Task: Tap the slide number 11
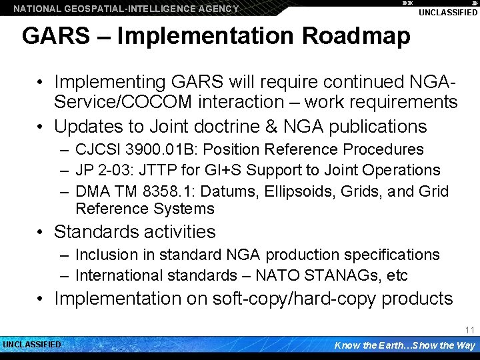[x=469, y=330]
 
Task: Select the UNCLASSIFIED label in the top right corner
[x=448, y=13]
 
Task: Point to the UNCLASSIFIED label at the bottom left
[x=32, y=345]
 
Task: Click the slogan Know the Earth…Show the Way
[x=405, y=345]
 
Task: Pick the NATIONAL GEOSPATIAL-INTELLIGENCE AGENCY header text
[x=126, y=9]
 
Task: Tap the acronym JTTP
[x=161, y=171]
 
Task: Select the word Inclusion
[x=106, y=255]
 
